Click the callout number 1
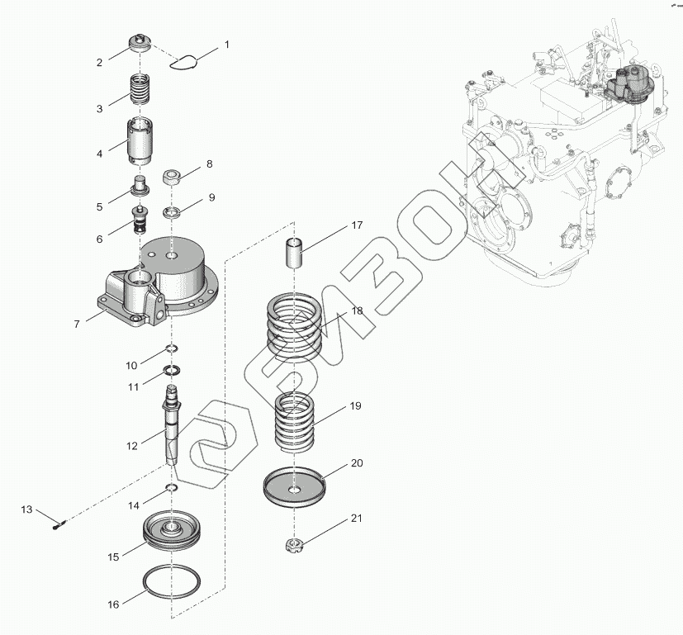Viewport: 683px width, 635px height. pyautogui.click(x=227, y=44)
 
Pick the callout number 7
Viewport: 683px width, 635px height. pyautogui.click(x=77, y=325)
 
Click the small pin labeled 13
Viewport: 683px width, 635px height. pyautogui.click(x=59, y=521)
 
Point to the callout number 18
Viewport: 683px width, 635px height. pyautogui.click(x=357, y=310)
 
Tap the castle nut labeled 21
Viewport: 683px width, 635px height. pyautogui.click(x=294, y=545)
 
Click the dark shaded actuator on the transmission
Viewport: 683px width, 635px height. pyautogui.click(x=628, y=87)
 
